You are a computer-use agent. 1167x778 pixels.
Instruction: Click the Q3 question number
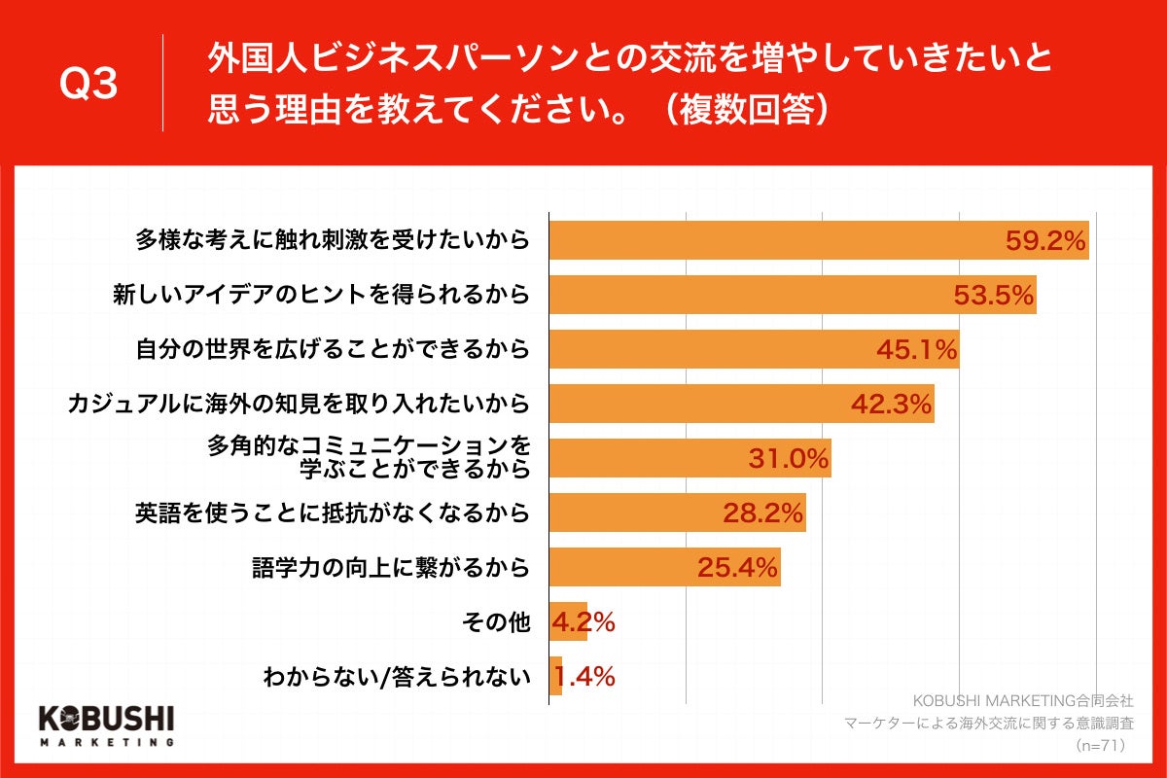[x=88, y=85]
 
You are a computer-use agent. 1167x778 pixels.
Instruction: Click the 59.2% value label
[x=1045, y=241]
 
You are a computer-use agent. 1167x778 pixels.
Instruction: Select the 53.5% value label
[x=993, y=296]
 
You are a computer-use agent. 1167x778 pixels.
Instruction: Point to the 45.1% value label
[x=917, y=350]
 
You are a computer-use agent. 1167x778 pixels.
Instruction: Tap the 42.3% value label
[x=891, y=405]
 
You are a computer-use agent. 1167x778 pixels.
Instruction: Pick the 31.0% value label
[x=788, y=459]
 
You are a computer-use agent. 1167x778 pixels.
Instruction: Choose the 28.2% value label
[x=762, y=513]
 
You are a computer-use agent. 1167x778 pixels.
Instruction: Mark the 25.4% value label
[x=737, y=568]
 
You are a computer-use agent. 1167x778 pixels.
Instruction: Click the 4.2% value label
[x=583, y=622]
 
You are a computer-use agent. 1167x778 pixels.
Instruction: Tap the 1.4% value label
[x=583, y=677]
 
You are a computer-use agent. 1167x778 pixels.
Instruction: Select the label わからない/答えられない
[x=397, y=677]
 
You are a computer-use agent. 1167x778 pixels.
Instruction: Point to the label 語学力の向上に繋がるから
[x=391, y=568]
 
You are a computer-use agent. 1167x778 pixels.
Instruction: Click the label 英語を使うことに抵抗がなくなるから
[x=333, y=513]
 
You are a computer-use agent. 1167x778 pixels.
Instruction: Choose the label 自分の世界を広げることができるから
[x=333, y=350]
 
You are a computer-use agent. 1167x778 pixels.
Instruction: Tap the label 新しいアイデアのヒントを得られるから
[x=333, y=296]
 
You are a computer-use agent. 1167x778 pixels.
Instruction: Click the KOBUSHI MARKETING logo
[x=106, y=725]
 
